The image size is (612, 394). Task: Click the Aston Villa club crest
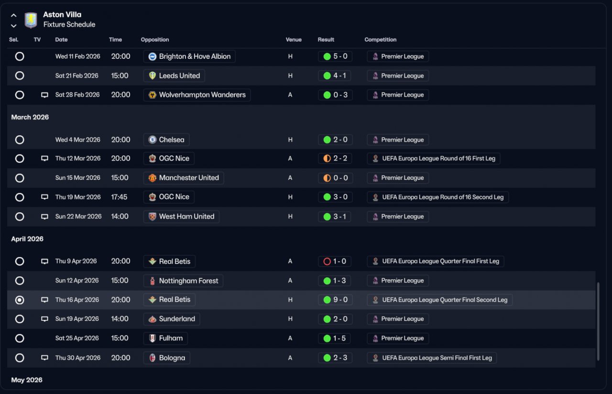click(31, 20)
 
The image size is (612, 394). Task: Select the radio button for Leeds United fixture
click(20, 76)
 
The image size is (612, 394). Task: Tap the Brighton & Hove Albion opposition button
click(189, 56)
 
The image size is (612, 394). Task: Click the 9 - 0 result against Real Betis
click(335, 300)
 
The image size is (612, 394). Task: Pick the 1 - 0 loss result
click(335, 262)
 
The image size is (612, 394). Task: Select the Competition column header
click(380, 40)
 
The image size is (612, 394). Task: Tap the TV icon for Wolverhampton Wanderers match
click(44, 95)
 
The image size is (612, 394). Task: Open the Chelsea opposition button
click(166, 140)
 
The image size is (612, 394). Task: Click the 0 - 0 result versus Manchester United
click(335, 178)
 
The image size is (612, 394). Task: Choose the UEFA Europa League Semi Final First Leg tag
click(432, 358)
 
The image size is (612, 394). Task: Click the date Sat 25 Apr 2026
click(77, 338)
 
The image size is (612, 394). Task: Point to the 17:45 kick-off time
click(120, 197)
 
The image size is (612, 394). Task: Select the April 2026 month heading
click(27, 239)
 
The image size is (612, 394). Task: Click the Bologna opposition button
click(167, 358)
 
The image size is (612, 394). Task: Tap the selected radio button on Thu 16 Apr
click(20, 300)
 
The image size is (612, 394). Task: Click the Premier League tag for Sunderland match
click(398, 319)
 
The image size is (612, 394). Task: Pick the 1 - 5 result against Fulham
click(335, 338)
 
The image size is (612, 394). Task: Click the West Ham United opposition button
click(182, 217)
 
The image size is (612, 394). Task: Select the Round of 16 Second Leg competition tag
click(437, 197)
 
